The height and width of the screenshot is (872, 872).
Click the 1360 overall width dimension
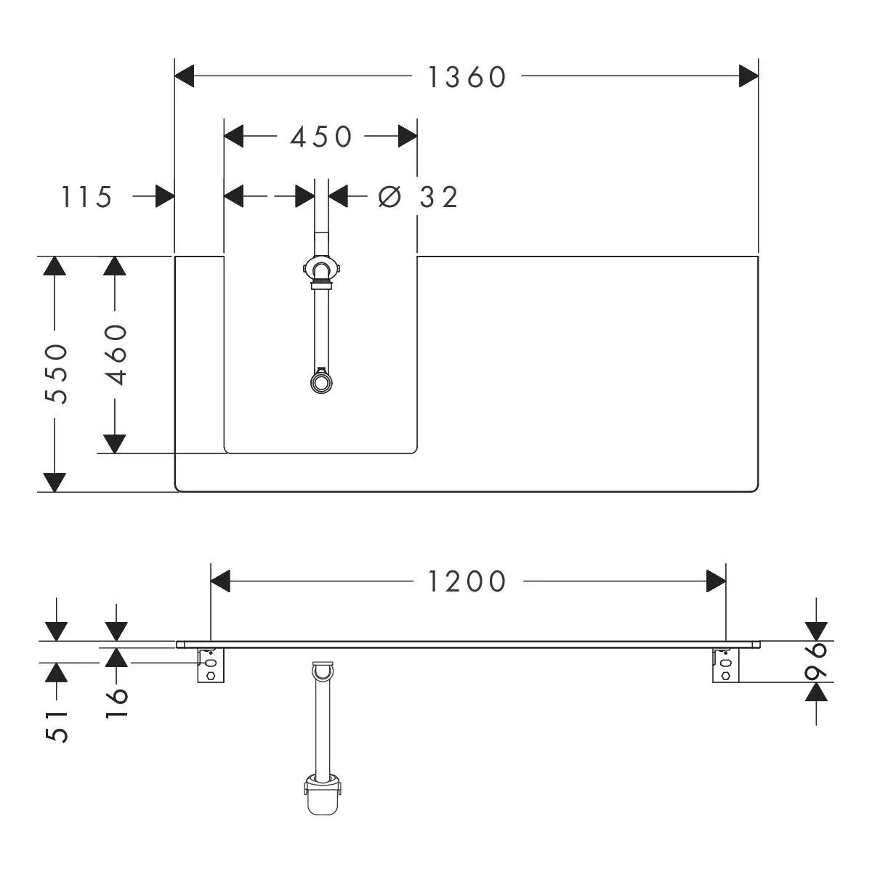[467, 77]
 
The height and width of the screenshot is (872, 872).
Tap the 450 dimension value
[321, 136]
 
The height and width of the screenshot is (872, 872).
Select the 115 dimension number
[86, 197]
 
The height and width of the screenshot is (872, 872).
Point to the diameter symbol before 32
[389, 197]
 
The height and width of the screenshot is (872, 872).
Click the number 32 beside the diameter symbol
[438, 197]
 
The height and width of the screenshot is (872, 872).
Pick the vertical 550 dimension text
[56, 374]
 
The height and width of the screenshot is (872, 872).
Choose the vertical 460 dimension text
[116, 355]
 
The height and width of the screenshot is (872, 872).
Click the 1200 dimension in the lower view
[467, 581]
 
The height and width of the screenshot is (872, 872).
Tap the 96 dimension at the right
[815, 661]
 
